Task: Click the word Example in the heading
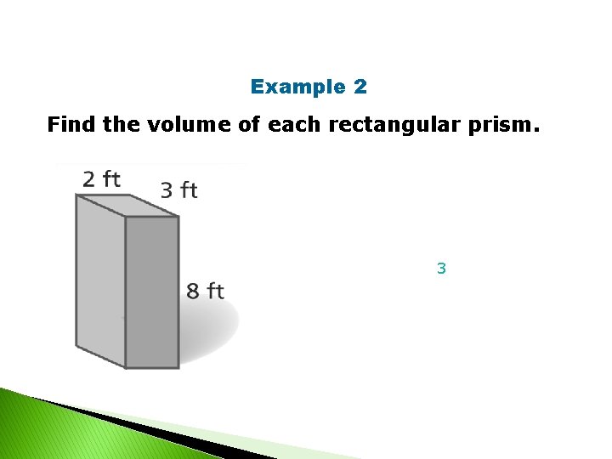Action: pyautogui.click(x=286, y=87)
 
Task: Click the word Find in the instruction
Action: pyautogui.click(x=71, y=126)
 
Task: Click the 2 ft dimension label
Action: pyautogui.click(x=101, y=179)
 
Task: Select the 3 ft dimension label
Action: pyautogui.click(x=178, y=190)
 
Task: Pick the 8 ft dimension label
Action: pyautogui.click(x=206, y=292)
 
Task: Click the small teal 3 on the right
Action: pyautogui.click(x=441, y=269)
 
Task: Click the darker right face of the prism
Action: pyautogui.click(x=152, y=292)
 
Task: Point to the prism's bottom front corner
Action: pyautogui.click(x=126, y=368)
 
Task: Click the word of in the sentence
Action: pyautogui.click(x=242, y=126)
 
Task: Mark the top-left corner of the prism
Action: pyautogui.click(x=76, y=195)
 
